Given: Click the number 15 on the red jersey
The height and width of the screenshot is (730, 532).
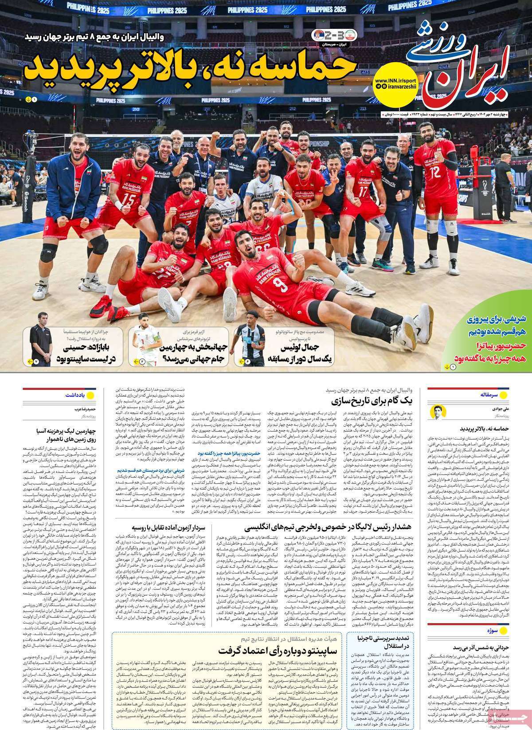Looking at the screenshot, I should coord(129,197).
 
